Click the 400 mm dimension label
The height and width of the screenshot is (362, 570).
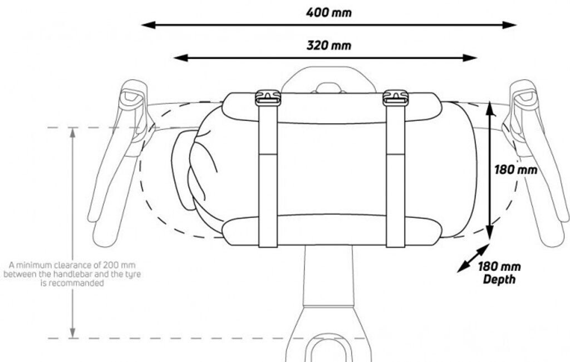tap(328, 12)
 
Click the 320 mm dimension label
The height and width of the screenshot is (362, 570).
tap(328, 45)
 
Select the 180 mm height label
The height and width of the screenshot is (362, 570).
tap(515, 169)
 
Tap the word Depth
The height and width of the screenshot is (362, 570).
tap(499, 279)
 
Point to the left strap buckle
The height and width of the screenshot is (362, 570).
tap(268, 98)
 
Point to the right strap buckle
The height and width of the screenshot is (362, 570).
tap(395, 98)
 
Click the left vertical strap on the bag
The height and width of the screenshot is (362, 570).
tap(268, 178)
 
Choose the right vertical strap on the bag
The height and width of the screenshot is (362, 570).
tap(395, 178)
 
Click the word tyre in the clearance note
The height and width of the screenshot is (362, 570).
tap(126, 273)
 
